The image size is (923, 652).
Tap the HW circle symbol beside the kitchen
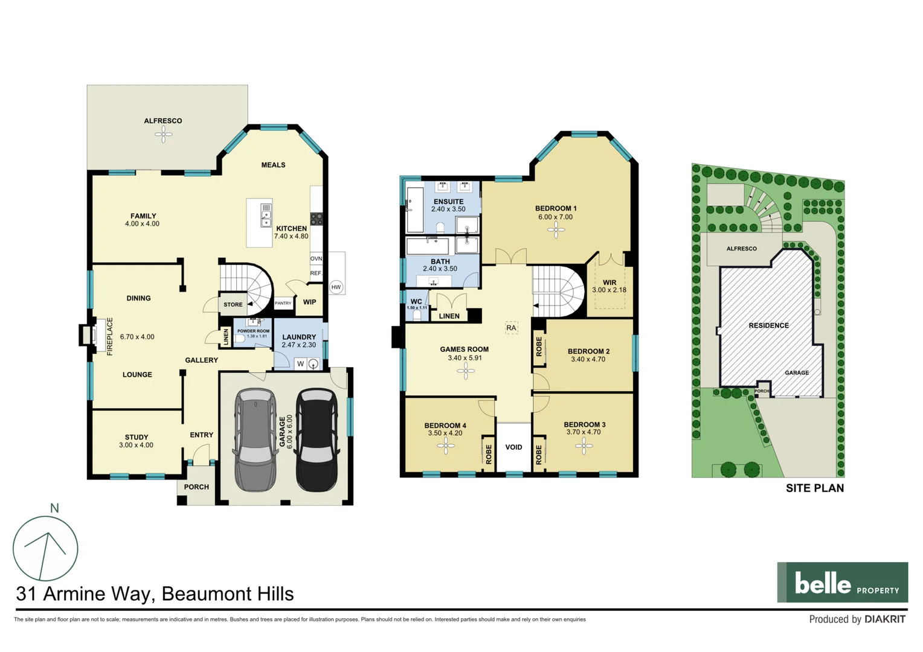coord(336,287)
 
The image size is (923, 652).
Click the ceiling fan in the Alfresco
coord(163,134)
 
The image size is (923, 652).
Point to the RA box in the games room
coord(512,328)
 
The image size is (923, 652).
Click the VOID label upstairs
coord(513,447)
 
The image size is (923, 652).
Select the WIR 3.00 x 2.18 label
coord(609,286)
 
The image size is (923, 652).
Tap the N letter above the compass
coord(54,508)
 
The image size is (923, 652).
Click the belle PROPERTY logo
coord(842,583)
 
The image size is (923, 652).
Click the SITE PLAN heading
coord(814,488)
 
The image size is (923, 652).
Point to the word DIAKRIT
coord(884,619)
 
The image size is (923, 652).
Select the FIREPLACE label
coord(110,336)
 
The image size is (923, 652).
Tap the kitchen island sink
coord(266,215)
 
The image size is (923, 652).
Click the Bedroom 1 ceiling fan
coord(556,230)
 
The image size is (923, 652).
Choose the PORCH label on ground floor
coord(196,487)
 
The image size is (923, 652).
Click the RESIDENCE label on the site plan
coord(768,325)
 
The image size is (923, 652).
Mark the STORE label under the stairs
coord(233,305)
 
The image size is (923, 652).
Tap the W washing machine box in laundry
coord(300,363)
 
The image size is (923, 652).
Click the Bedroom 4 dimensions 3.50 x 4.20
coord(445,433)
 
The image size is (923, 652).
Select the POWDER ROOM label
coord(253,331)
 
